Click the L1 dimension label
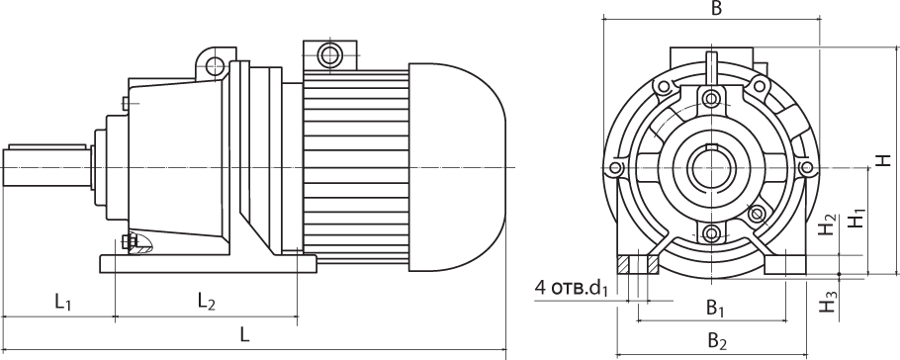click(63, 302)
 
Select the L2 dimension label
click(206, 301)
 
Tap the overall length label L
click(245, 334)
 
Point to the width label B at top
click(716, 8)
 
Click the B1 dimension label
click(715, 309)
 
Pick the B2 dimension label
click(717, 341)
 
